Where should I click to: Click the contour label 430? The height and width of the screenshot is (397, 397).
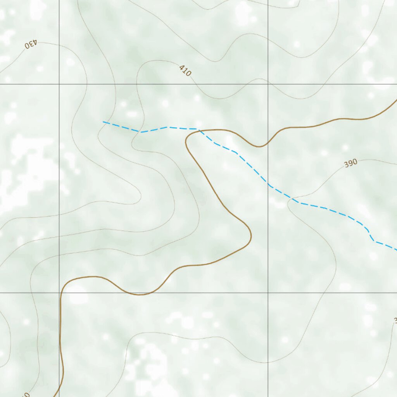(31, 44)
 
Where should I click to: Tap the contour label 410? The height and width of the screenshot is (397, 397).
(185, 71)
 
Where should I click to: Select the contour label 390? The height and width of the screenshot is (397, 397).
(350, 164)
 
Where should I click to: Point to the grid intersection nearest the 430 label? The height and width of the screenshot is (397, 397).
(59, 84)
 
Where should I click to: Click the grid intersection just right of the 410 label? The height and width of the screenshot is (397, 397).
(268, 84)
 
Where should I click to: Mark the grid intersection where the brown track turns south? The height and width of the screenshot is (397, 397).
(59, 293)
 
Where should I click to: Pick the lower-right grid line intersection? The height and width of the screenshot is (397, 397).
(268, 293)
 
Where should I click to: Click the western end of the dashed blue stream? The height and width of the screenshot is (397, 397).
(104, 122)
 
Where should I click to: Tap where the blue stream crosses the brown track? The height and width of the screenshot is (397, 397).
(200, 131)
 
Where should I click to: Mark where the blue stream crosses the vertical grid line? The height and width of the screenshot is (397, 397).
(268, 184)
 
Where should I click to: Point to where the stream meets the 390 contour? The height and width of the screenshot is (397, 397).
(292, 199)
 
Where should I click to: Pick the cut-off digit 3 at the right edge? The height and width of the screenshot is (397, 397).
(395, 321)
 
